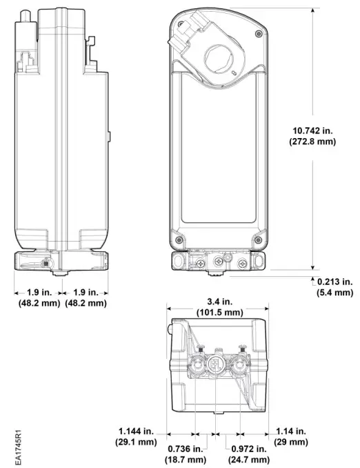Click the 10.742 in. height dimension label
311,129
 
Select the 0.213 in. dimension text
334,282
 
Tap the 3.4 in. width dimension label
219,302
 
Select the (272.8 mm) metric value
311,142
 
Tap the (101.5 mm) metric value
219,313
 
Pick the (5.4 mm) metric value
334,293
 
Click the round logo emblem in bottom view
214,365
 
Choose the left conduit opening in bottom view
194,365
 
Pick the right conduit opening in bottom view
239,365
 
